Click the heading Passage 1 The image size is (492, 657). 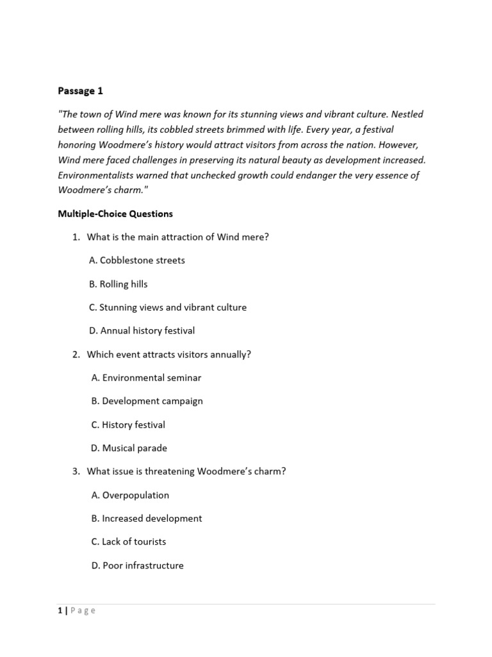coord(80,91)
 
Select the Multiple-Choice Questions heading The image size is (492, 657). coord(115,214)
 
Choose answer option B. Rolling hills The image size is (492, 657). coord(119,284)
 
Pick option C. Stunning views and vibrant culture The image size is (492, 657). coord(168,307)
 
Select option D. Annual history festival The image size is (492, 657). coord(142,331)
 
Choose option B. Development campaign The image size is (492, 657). coord(147,401)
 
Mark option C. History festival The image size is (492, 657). coord(128,425)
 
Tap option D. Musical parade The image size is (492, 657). coord(129,448)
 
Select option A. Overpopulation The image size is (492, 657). coord(130,495)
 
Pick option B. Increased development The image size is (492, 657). coord(147,518)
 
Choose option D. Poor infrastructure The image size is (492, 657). coord(137,566)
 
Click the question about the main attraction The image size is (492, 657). coord(177,237)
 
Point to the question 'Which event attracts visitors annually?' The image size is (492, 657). coord(168,355)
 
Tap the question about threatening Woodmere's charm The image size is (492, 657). coord(186,472)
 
